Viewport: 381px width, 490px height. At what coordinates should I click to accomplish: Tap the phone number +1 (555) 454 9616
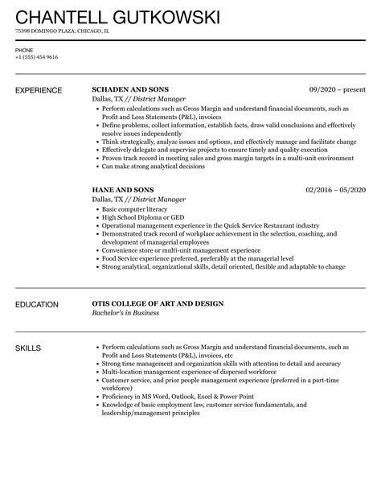click(x=36, y=58)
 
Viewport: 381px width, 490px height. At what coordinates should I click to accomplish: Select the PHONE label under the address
click(x=24, y=51)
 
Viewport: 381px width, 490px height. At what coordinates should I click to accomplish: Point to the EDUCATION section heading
click(x=36, y=304)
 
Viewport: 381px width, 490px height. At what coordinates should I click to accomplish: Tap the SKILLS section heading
click(x=28, y=348)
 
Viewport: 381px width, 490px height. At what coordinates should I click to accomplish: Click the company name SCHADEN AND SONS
click(x=131, y=89)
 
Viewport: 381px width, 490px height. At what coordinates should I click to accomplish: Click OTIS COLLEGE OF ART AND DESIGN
click(x=158, y=303)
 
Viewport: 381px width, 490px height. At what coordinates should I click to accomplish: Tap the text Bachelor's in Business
click(x=125, y=313)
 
